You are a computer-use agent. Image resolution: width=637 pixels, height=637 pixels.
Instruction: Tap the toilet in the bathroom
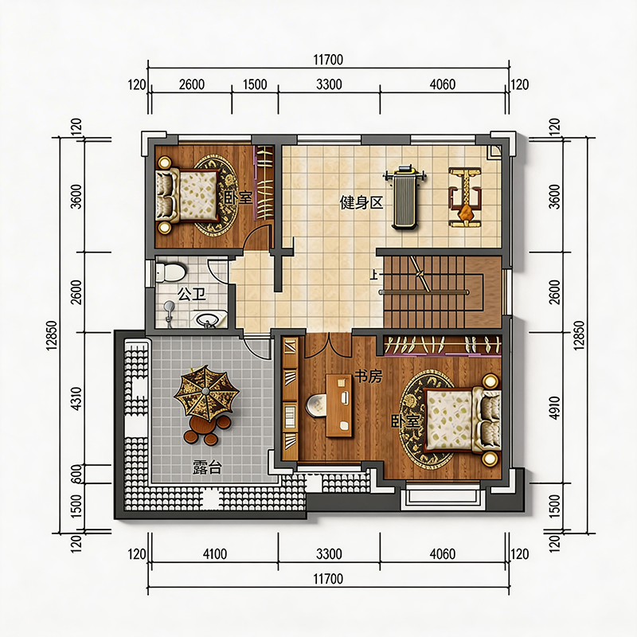(x=171, y=272)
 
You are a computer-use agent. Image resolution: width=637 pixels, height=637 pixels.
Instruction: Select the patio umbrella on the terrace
(x=206, y=393)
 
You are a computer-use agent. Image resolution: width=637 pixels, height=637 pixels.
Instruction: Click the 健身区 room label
(x=361, y=202)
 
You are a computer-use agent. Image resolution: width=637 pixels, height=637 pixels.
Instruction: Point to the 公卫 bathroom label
(x=191, y=294)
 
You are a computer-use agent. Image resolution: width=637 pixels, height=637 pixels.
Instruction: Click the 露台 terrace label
(x=207, y=467)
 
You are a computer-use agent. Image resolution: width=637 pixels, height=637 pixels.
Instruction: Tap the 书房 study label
(x=368, y=376)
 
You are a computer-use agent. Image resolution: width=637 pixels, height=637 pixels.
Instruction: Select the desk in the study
(x=339, y=405)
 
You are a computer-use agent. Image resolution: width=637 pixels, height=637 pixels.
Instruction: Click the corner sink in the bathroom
(x=211, y=319)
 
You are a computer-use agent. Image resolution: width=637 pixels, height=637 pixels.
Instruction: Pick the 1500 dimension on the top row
(x=255, y=84)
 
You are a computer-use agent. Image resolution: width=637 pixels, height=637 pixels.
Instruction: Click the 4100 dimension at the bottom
(x=214, y=553)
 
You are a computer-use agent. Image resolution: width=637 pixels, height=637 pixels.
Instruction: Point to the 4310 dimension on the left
(x=76, y=399)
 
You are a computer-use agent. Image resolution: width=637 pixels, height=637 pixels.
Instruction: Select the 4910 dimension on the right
(x=554, y=408)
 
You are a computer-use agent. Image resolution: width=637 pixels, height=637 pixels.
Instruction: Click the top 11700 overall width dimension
(x=328, y=60)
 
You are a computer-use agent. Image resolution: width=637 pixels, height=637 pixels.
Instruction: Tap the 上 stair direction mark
(x=373, y=275)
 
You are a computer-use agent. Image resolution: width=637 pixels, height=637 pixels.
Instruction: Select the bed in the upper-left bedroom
(x=188, y=194)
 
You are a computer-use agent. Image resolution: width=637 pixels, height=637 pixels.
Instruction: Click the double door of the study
(x=328, y=346)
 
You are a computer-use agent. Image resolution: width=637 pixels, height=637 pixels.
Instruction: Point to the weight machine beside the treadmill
(x=465, y=197)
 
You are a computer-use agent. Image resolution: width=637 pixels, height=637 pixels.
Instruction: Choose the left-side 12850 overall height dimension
(x=52, y=335)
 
